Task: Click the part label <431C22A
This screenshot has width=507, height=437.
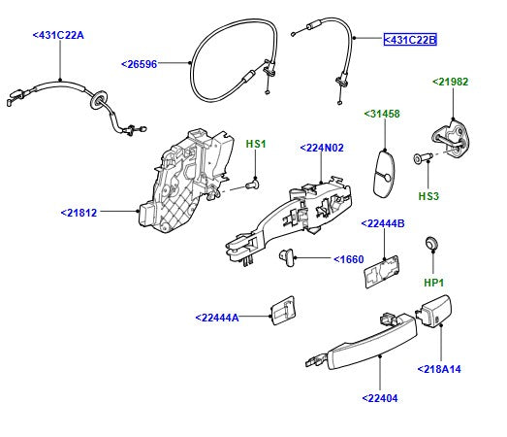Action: [x=58, y=35]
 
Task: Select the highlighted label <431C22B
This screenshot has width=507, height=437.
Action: [x=410, y=40]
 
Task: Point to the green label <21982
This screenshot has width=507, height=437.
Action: [x=450, y=82]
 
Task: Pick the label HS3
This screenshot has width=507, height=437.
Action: [x=428, y=195]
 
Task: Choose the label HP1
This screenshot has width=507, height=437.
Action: [x=433, y=283]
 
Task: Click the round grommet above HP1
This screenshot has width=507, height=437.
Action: [x=433, y=243]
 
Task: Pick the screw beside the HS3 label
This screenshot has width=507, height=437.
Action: [x=423, y=158]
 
